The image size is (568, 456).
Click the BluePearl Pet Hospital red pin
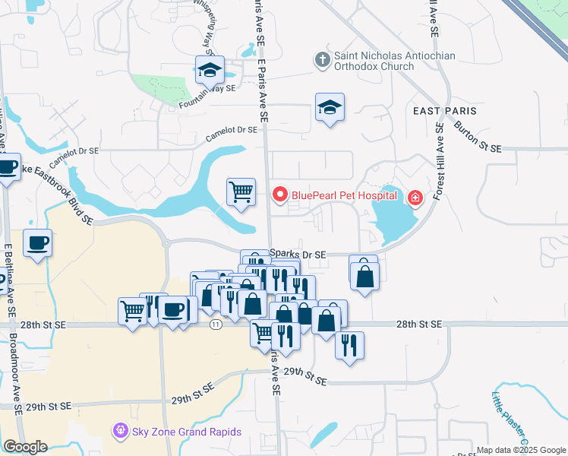[279, 195]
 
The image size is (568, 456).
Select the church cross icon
[322, 59]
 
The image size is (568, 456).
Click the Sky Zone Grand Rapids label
[186, 432]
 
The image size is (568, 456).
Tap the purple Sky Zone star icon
[120, 432]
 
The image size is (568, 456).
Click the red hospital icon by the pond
[415, 198]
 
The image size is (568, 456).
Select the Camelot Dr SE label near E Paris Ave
[232, 134]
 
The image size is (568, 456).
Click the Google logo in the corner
[25, 447]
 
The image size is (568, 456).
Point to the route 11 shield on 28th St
[216, 325]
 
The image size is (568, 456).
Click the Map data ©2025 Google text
[520, 450]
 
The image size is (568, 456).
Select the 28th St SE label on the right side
[418, 324]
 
